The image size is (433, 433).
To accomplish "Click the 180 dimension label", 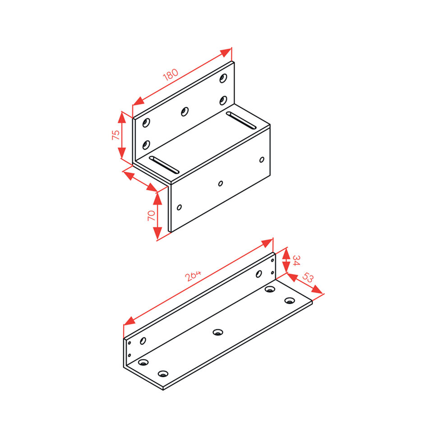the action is click(x=170, y=74).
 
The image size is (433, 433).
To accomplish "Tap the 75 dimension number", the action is click(x=116, y=135).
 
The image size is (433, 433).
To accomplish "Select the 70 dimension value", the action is click(x=151, y=216).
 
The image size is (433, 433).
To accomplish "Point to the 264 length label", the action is click(x=193, y=276).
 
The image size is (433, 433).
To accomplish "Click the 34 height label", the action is click(x=296, y=260).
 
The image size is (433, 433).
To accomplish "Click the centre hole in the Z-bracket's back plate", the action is click(x=184, y=111).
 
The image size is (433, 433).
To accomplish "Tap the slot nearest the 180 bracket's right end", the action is click(x=241, y=120).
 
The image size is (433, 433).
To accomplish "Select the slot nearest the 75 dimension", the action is click(x=164, y=165).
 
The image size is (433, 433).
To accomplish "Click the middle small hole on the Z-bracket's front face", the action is click(x=221, y=184).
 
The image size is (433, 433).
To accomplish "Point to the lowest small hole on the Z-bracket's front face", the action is click(x=179, y=207).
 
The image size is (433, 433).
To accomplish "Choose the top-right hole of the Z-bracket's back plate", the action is click(x=223, y=78).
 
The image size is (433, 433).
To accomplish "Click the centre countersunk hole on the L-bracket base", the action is click(x=218, y=332).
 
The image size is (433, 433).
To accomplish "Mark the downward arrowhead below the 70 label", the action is click(x=157, y=233).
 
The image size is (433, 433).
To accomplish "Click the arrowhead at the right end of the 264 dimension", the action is click(x=267, y=243).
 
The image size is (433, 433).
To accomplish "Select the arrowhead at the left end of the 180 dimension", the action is click(x=138, y=101).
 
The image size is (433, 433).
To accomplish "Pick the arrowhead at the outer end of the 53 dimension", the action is click(x=317, y=290).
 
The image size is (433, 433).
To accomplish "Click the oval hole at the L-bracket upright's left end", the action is click(x=143, y=341).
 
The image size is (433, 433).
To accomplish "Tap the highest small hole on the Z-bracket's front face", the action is click(x=262, y=160).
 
